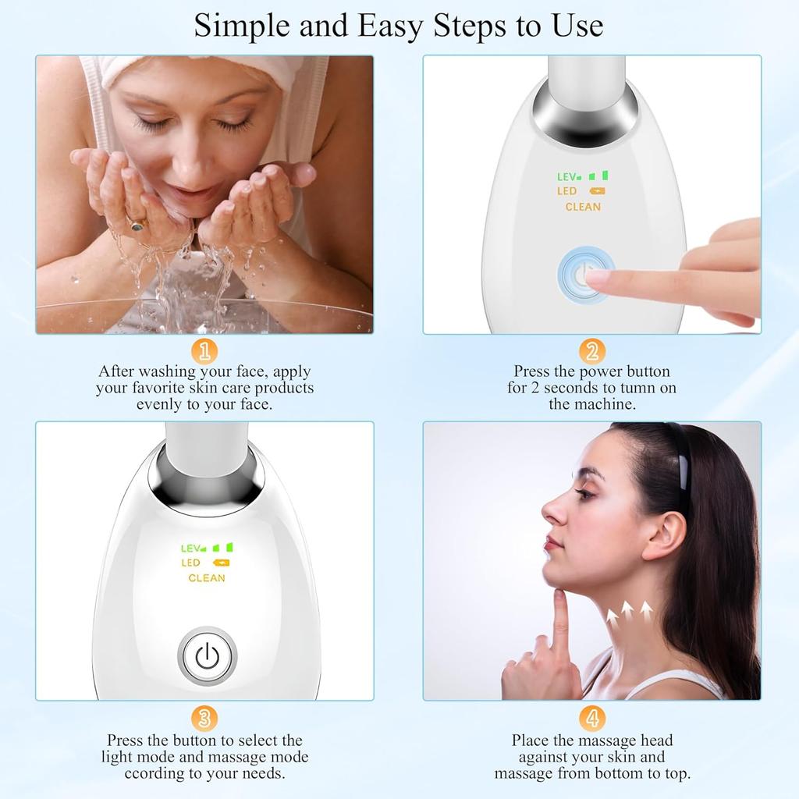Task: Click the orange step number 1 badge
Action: pyautogui.click(x=204, y=351)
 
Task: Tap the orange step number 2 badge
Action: pyautogui.click(x=592, y=351)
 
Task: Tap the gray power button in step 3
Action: pyautogui.click(x=207, y=656)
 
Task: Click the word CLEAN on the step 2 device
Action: pyautogui.click(x=583, y=207)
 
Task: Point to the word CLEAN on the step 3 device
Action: pyautogui.click(x=207, y=578)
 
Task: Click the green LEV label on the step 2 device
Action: pyautogui.click(x=569, y=177)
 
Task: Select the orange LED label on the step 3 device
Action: pyautogui.click(x=190, y=563)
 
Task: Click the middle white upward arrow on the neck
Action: pyautogui.click(x=627, y=611)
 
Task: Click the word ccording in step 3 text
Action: pyautogui.click(x=152, y=773)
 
